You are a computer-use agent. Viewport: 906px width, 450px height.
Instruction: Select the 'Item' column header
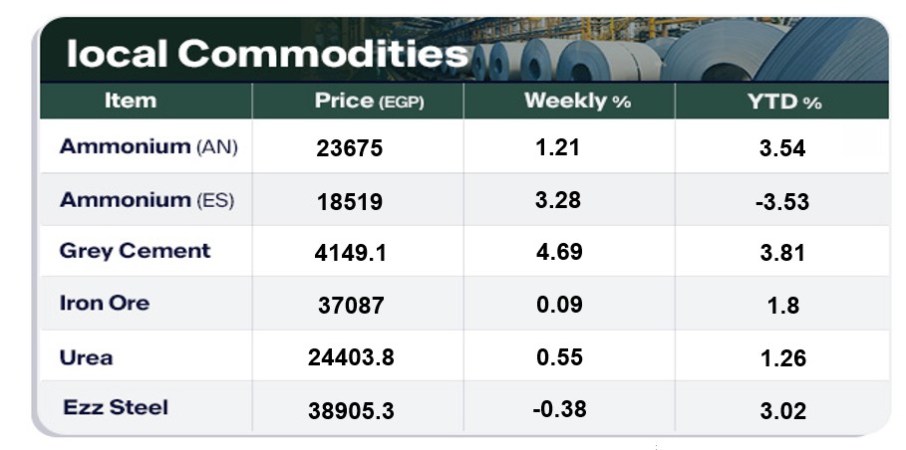130,101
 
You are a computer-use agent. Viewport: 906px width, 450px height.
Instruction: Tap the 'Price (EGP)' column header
369,101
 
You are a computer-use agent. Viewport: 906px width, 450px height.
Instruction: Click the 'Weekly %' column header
577,101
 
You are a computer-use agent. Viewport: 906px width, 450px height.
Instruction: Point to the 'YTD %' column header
783,102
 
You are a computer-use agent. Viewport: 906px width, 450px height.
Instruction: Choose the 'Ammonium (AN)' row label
149,147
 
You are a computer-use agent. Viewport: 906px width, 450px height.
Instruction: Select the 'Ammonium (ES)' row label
147,200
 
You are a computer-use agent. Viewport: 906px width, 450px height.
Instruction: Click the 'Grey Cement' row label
135,251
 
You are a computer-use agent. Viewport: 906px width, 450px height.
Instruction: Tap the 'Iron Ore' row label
104,304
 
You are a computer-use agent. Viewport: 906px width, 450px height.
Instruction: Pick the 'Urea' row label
86,357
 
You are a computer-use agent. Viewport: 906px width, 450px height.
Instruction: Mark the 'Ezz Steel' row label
116,407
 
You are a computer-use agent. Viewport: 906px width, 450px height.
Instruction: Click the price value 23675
349,149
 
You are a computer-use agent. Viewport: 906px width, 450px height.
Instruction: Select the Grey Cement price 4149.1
351,253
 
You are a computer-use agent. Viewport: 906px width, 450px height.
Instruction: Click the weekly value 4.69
558,252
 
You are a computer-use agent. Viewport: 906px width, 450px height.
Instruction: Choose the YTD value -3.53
781,202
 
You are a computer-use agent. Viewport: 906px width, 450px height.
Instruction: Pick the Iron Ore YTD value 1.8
783,306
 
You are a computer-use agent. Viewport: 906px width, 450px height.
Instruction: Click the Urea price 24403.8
351,357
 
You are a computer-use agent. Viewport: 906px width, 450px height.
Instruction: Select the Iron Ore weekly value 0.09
558,305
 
